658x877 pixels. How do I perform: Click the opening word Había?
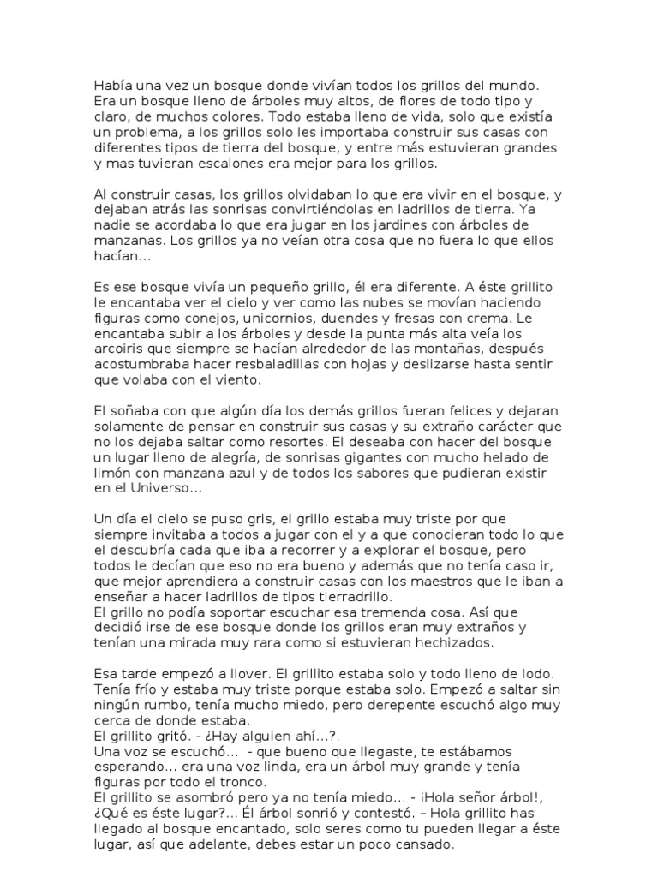[x=114, y=86]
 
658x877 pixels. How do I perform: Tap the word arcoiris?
[x=119, y=349]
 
